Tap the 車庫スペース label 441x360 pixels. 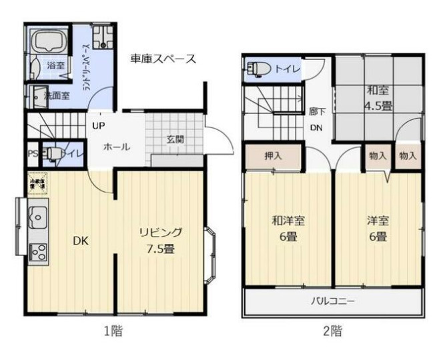tap(163, 59)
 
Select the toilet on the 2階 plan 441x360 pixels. tap(258, 68)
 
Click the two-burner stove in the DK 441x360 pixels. tap(37, 252)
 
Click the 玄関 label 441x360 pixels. tap(175, 139)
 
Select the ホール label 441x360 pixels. tap(116, 147)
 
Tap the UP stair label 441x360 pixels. tap(98, 126)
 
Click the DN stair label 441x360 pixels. tap(317, 129)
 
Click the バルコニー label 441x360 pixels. tap(332, 301)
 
